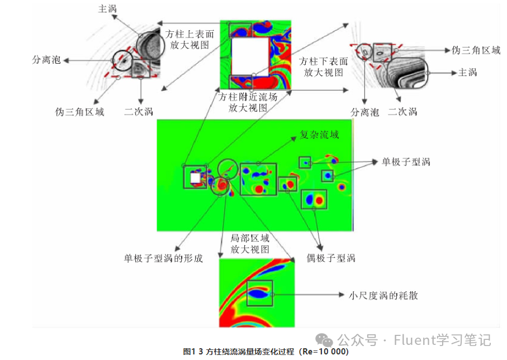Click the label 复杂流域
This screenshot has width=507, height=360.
pos(319,134)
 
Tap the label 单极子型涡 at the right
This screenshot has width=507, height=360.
pos(406,162)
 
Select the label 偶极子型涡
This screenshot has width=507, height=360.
pos(331,258)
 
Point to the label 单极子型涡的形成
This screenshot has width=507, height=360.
pos(163,258)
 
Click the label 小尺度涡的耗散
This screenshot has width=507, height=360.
pos(383,295)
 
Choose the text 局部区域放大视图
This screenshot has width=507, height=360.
pos(250,243)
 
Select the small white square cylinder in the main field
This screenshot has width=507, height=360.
pos(195,178)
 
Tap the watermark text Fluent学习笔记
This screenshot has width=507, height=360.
pos(442,339)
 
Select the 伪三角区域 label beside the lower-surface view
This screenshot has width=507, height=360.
pos(476,50)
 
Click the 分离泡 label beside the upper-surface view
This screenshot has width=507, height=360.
pos(46,59)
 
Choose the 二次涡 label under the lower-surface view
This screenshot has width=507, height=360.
pos(402,111)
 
